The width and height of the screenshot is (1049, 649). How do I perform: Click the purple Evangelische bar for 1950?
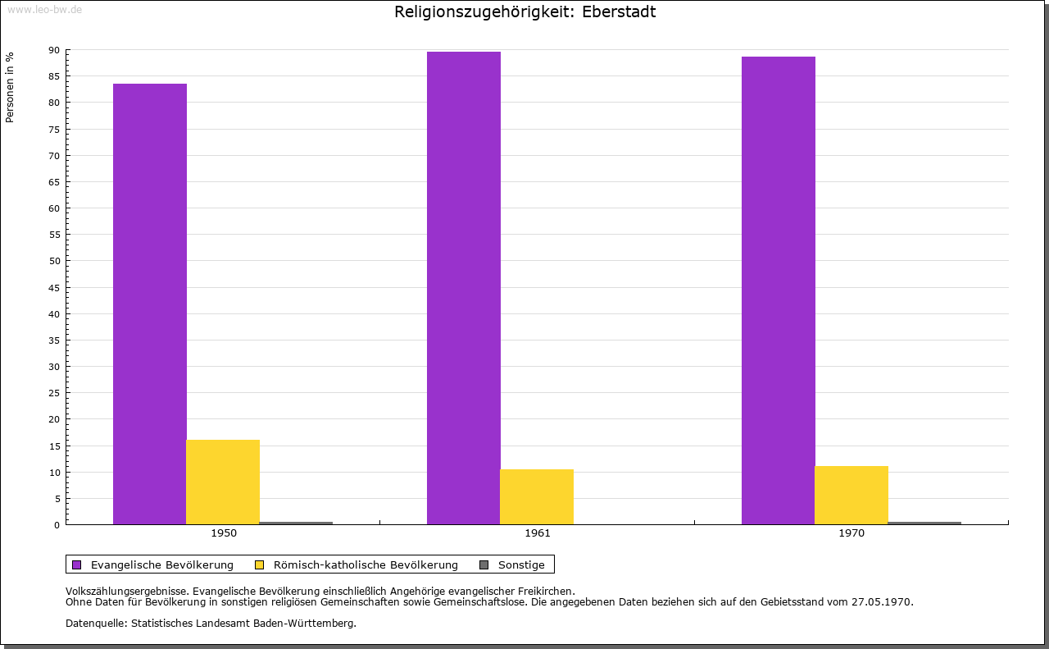click(x=150, y=304)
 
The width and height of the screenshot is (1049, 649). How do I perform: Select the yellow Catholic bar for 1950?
click(x=223, y=482)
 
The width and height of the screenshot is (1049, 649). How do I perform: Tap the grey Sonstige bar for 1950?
click(x=296, y=523)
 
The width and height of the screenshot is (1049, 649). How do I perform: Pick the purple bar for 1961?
click(x=464, y=288)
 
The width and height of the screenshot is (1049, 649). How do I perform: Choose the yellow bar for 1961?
click(x=537, y=496)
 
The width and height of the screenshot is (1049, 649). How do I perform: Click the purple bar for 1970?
click(x=779, y=290)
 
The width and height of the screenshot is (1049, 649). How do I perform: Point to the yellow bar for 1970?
click(x=851, y=495)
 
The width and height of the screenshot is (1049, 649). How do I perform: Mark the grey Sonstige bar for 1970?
click(x=924, y=523)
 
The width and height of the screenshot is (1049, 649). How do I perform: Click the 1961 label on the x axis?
click(x=538, y=533)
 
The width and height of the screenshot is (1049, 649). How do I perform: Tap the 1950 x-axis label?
click(x=224, y=533)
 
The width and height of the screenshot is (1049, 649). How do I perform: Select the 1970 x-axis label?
click(x=851, y=533)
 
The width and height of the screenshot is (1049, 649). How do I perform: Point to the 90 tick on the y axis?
click(x=54, y=50)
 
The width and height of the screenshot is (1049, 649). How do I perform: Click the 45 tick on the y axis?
click(x=54, y=287)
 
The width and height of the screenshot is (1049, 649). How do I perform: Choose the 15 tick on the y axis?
click(x=54, y=446)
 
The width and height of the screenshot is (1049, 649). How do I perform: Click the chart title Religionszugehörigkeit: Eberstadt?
click(x=524, y=12)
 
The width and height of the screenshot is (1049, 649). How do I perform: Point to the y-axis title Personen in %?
click(x=10, y=87)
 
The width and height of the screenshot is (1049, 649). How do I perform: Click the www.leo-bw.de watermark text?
click(x=44, y=9)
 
